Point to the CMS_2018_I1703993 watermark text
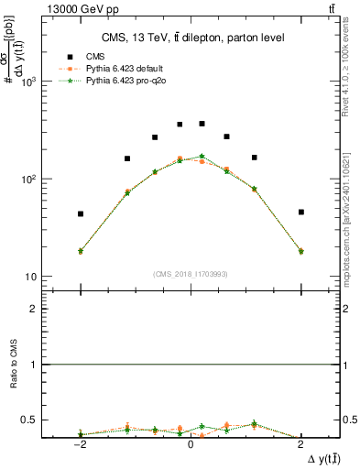coord(191,273)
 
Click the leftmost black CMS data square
coord(81,214)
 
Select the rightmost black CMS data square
coord(300,212)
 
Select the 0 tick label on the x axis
coord(191,445)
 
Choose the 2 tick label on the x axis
coord(300,445)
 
